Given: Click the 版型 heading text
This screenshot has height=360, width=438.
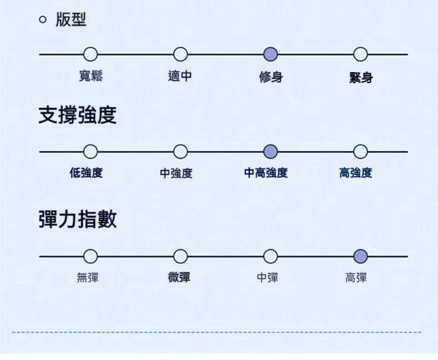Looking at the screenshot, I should (71, 20).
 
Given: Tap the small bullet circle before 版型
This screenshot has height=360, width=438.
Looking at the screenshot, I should (43, 21).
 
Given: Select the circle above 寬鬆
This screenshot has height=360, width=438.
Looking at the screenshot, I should (90, 54).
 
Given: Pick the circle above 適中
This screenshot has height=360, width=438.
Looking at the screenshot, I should (180, 54).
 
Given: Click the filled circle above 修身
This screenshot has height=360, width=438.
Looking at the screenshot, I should (271, 54).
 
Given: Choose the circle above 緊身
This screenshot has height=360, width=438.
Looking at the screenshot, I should (360, 54).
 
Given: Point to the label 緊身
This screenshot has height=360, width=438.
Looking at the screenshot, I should (361, 78).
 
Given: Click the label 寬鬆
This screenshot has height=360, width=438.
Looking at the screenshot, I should (91, 76).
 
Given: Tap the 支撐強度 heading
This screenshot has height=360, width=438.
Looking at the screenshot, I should (77, 115).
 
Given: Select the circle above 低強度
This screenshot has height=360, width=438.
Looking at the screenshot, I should (90, 151).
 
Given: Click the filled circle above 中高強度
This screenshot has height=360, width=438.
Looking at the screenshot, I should (271, 151).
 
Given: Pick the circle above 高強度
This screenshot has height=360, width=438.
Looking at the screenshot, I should (360, 151).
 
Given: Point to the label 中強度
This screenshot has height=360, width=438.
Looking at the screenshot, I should (176, 174).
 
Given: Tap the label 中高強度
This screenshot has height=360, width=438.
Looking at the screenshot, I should (266, 173).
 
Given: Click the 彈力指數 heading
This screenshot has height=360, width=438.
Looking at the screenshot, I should (77, 219).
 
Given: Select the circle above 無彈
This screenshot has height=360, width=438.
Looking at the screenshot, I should (90, 256).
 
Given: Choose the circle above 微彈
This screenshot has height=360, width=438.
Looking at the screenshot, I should (180, 256).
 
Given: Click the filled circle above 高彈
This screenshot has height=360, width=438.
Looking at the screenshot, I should (360, 256).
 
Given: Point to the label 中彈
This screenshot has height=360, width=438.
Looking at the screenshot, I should (267, 277).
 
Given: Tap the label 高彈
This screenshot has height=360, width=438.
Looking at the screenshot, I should (356, 277).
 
